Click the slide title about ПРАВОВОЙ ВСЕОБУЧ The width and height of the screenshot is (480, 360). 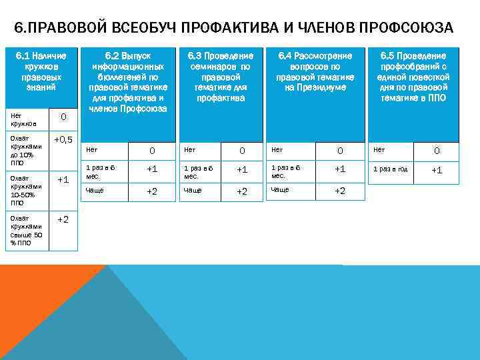coord(233,28)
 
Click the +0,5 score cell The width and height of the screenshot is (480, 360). coord(63,139)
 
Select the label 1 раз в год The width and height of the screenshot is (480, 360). coord(391,169)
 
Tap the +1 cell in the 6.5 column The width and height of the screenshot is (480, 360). coord(437,170)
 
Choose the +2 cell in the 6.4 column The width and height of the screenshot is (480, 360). coord(340,191)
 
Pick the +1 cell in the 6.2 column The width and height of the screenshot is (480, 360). coord(152,169)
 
